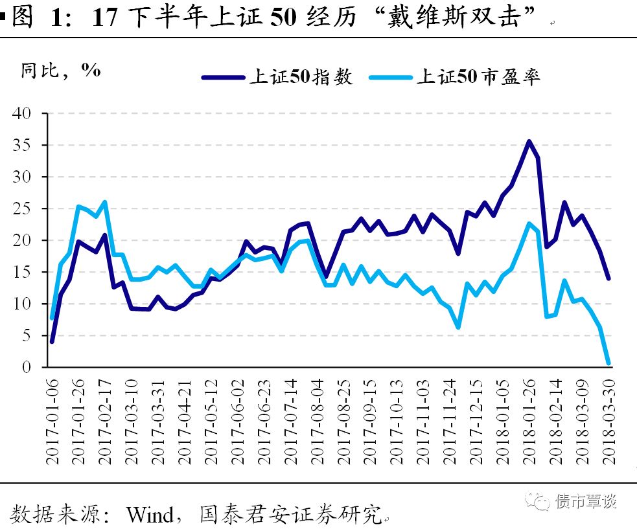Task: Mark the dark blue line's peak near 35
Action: [529, 141]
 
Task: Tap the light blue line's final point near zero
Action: [608, 363]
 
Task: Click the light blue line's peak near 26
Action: [105, 202]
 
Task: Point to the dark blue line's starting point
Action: [52, 341]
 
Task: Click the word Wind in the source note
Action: [149, 515]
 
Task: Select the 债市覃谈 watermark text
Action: [586, 500]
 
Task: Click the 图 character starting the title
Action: [23, 17]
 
